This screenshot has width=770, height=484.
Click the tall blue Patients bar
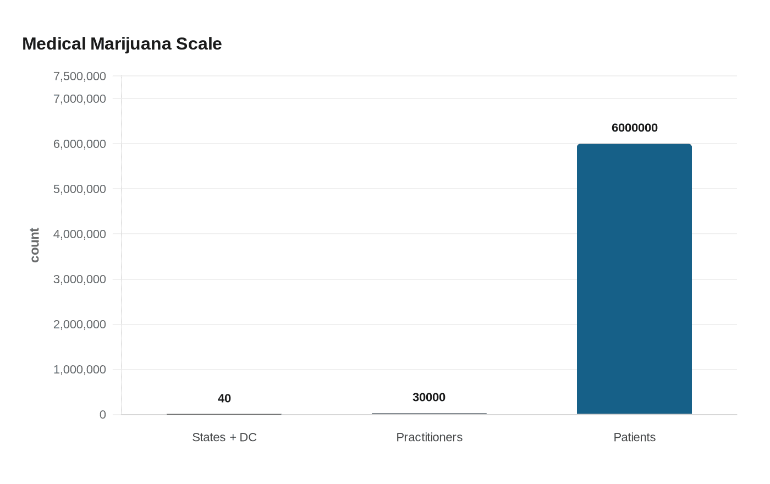coord(634,279)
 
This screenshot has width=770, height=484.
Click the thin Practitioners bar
coord(429,414)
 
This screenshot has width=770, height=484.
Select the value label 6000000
coord(634,128)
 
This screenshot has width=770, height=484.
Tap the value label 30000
coord(429,397)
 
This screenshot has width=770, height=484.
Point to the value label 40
coord(224,398)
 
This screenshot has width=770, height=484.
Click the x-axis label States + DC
coord(224,437)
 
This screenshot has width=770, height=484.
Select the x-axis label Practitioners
coord(429,437)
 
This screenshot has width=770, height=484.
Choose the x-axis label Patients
coord(634,437)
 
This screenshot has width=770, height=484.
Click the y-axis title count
coord(35,245)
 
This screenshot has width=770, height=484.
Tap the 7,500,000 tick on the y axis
coord(80,76)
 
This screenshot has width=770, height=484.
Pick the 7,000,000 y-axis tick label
coord(80,98)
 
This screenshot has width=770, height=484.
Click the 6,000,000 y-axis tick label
coord(80,144)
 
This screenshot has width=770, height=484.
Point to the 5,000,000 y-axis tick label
coord(80,189)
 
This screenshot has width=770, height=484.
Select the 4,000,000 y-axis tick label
coord(80,234)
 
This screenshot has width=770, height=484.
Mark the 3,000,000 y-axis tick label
coord(80,279)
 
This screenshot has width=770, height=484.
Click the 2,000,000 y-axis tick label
coord(80,324)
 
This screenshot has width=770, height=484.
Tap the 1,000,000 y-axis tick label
coord(80,369)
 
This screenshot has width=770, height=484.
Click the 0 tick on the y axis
coord(102,415)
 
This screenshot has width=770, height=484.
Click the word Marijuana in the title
coord(131,43)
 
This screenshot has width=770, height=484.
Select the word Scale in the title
coord(199,43)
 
